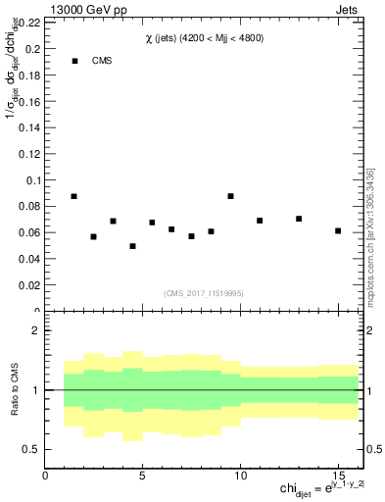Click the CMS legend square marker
74,61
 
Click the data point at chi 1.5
74,196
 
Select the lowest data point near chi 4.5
132,246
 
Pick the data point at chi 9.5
230,196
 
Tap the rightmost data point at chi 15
338,230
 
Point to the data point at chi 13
299,219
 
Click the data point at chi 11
260,221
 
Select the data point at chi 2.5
94,236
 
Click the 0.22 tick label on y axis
28,22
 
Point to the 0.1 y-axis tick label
31,180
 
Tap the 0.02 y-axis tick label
28,285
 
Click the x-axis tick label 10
240,476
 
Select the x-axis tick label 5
143,476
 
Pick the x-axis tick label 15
338,476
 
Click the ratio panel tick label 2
35,330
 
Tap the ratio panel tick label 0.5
30,449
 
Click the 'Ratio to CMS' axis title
14,389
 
